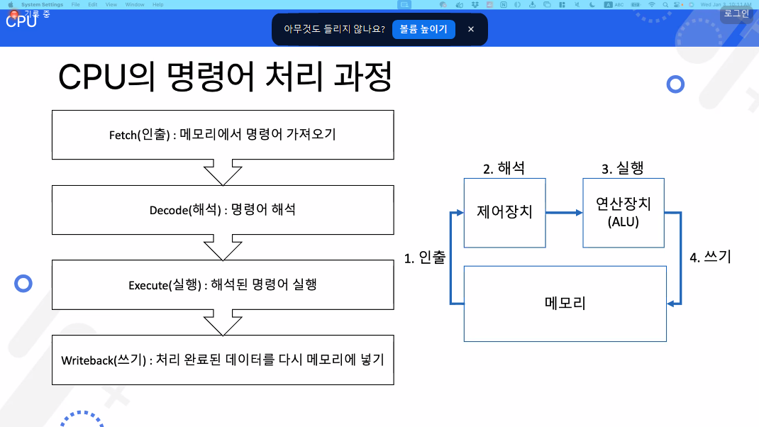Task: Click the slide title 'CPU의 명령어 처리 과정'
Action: (x=225, y=77)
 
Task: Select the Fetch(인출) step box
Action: (x=223, y=134)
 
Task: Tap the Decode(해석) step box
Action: (x=223, y=209)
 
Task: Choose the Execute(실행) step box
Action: (x=223, y=284)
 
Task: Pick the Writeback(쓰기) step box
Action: (x=223, y=360)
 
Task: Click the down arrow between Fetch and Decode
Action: (x=223, y=172)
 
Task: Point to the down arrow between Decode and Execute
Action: (x=223, y=247)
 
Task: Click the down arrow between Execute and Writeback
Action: (x=223, y=322)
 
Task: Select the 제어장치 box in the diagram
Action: (x=504, y=212)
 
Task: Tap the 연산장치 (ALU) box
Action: (x=624, y=212)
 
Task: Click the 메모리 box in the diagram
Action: (x=565, y=304)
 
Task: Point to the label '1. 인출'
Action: (x=425, y=258)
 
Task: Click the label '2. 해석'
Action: (x=504, y=169)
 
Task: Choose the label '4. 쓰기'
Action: (x=710, y=257)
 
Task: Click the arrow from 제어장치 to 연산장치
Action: (x=564, y=212)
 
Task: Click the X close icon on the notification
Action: (x=471, y=29)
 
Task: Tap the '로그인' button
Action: (x=736, y=13)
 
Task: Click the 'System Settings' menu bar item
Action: (x=42, y=4)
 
